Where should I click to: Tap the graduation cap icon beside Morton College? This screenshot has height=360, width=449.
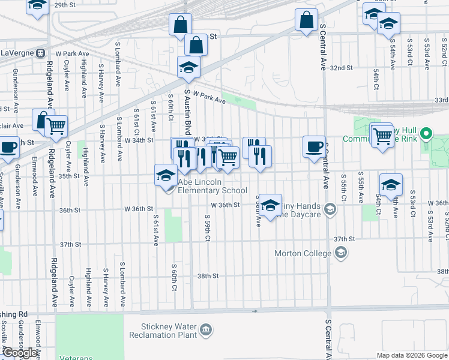(341, 253)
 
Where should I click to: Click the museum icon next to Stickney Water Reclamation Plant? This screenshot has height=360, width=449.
(206, 329)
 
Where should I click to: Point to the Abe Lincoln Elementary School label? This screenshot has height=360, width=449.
(212, 186)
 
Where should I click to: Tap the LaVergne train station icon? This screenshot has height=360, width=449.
(40, 53)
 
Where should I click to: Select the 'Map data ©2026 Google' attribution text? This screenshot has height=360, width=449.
(412, 355)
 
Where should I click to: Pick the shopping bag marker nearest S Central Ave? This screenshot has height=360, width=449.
(306, 20)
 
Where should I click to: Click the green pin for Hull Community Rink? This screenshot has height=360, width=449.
(426, 133)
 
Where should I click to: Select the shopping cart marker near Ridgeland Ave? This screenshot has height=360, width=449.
(56, 126)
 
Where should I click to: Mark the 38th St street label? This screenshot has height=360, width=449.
(207, 276)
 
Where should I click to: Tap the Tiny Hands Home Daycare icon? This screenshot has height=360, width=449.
(329, 209)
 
